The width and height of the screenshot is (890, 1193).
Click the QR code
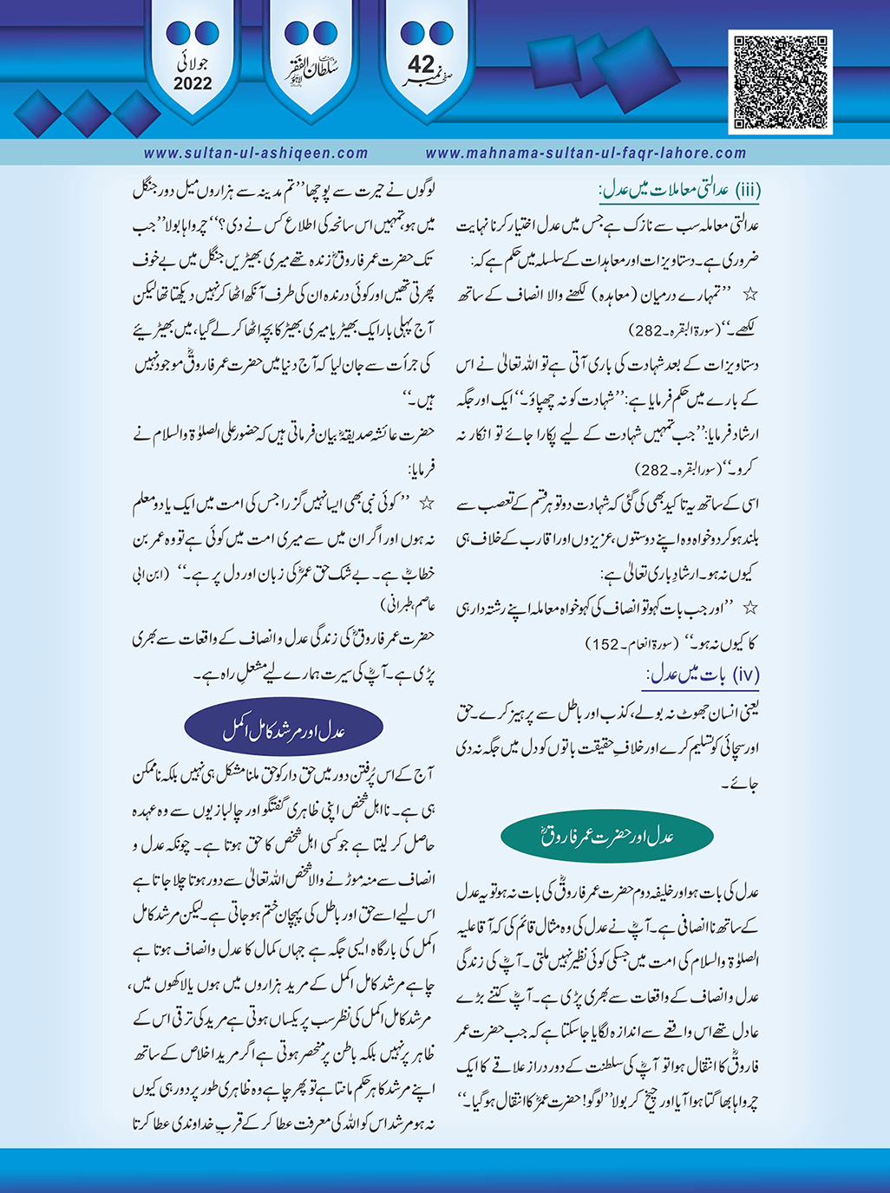click(782, 83)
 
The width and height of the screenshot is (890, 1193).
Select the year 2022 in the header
click(193, 84)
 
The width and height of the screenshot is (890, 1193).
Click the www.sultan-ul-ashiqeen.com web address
click(256, 153)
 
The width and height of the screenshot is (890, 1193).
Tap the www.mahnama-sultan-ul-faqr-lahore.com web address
click(586, 153)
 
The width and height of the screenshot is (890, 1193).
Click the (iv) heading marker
click(746, 674)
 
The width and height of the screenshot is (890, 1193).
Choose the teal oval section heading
click(607, 837)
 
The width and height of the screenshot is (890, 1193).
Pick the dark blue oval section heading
click(284, 732)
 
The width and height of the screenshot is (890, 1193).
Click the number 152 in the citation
click(605, 644)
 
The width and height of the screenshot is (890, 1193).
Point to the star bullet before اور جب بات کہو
click(752, 607)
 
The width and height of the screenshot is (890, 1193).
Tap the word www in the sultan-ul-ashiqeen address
click(160, 153)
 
